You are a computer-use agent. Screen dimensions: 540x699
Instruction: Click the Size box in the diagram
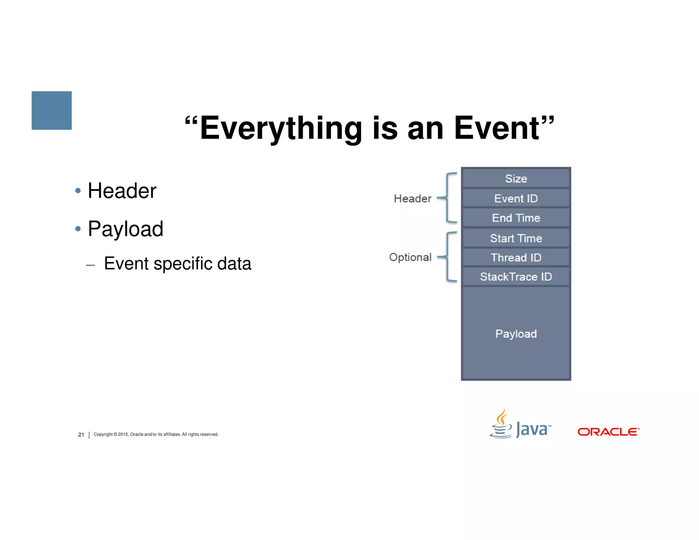click(516, 179)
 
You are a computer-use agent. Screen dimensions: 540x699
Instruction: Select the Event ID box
click(516, 198)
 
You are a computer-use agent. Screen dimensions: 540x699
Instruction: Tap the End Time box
click(516, 218)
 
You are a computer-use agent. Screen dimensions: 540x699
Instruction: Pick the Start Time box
click(516, 238)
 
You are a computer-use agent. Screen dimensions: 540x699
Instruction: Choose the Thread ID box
click(516, 257)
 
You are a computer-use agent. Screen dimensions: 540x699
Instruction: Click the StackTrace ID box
click(516, 276)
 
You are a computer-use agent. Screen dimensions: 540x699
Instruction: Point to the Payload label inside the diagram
click(516, 333)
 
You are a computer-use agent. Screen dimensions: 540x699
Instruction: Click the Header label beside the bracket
click(412, 198)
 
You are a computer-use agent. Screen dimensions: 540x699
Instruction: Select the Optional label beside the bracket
click(410, 257)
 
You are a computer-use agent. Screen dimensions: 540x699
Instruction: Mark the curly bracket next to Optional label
click(448, 257)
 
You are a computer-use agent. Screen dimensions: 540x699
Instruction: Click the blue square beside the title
click(52, 110)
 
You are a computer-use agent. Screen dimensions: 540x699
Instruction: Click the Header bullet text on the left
click(122, 190)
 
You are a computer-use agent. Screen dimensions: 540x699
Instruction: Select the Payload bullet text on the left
click(125, 229)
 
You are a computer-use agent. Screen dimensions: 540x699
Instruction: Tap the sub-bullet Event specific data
click(177, 264)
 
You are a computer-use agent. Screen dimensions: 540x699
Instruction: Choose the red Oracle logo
click(608, 432)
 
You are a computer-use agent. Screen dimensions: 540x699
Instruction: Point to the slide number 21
click(81, 435)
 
